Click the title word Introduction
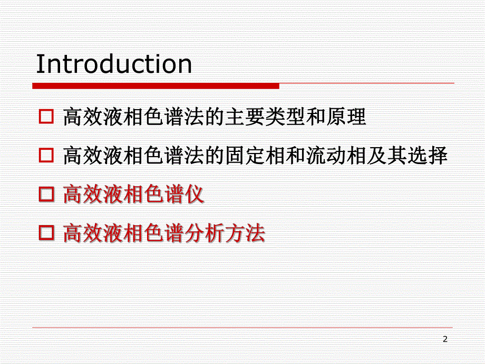pos(114,64)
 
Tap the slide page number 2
pos(445,339)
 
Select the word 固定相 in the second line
pos(255,156)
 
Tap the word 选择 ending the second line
pos(428,156)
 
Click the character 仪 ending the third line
pos(195,195)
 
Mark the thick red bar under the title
pos(156,85)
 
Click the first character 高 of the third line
pos(72,195)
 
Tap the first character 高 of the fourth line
pos(72,233)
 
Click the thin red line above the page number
pos(242,328)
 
